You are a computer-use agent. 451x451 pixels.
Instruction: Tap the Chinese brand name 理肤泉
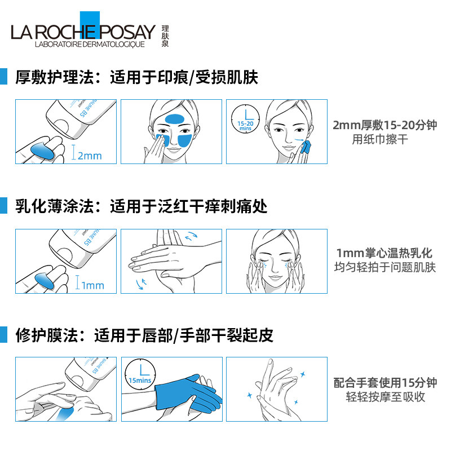tap(165, 35)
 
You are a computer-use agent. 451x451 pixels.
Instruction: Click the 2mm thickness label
tap(89, 155)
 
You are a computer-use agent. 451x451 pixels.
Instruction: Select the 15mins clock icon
tap(139, 375)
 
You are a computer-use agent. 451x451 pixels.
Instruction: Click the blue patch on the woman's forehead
tap(173, 119)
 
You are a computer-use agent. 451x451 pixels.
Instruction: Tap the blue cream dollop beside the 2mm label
tap(44, 150)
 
